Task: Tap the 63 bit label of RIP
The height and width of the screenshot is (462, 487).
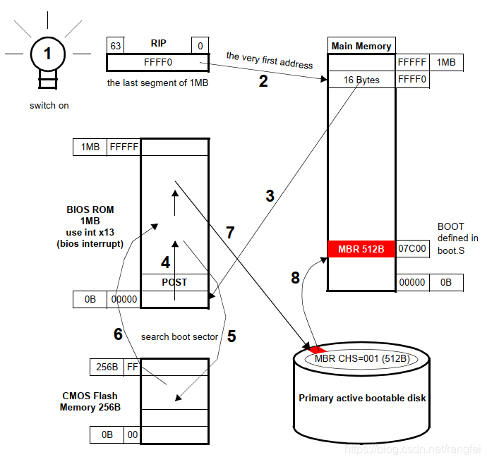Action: (x=115, y=46)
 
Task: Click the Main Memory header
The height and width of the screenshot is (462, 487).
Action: (x=361, y=46)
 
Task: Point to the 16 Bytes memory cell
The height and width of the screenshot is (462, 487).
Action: (x=361, y=80)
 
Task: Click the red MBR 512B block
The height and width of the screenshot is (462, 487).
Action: (x=361, y=249)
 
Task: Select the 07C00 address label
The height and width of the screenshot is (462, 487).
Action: (x=411, y=249)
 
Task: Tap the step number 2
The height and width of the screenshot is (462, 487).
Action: (x=263, y=81)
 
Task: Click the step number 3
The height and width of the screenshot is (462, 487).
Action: (x=270, y=196)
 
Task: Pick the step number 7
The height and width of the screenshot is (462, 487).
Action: (x=229, y=232)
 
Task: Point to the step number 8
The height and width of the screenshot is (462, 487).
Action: (x=295, y=278)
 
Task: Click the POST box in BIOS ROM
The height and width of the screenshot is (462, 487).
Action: (x=174, y=282)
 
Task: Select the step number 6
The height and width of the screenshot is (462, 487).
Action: (x=119, y=334)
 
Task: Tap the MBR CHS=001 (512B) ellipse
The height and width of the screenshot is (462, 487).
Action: (x=362, y=358)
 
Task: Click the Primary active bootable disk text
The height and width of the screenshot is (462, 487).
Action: (x=362, y=398)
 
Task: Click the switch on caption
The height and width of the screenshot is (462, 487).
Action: (x=48, y=106)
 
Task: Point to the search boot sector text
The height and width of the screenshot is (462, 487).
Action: (x=179, y=336)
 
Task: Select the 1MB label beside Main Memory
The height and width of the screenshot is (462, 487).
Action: (x=446, y=63)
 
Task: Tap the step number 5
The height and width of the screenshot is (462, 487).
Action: (x=231, y=336)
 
